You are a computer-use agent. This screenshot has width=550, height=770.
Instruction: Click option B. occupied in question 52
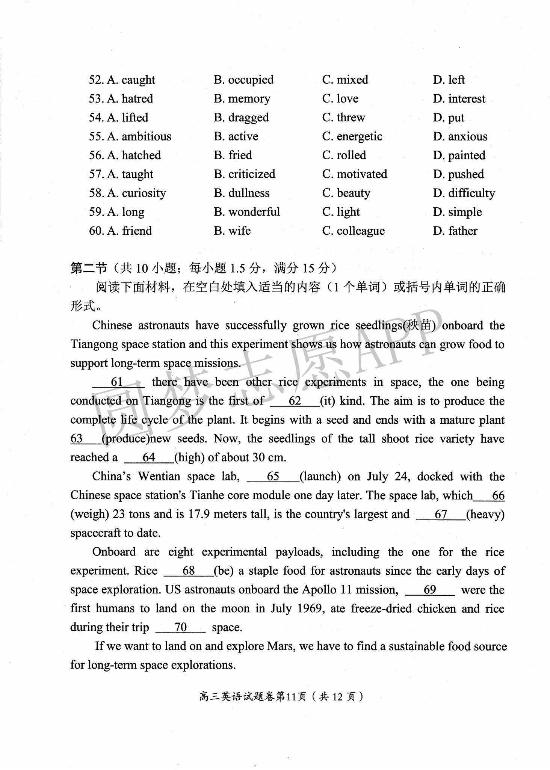click(243, 80)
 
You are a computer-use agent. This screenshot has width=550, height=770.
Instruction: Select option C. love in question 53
click(340, 99)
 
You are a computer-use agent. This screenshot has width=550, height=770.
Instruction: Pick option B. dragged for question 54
click(241, 118)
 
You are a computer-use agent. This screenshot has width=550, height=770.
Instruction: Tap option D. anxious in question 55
click(460, 136)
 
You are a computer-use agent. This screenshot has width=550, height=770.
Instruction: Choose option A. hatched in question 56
click(134, 155)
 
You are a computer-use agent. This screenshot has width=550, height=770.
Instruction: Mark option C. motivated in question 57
click(354, 174)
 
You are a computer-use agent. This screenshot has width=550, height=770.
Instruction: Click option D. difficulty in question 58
click(464, 193)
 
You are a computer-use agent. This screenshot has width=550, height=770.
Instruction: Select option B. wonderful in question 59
click(247, 212)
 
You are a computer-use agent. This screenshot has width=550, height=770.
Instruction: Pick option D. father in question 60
click(455, 231)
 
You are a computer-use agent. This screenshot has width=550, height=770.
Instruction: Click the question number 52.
click(96, 80)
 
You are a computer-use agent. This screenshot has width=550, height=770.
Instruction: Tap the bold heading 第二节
click(89, 268)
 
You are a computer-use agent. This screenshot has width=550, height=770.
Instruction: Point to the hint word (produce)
click(126, 439)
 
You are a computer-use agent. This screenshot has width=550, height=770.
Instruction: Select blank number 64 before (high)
click(149, 457)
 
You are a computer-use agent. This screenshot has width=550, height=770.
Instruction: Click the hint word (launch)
click(320, 476)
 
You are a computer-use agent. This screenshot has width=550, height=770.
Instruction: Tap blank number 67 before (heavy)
click(441, 514)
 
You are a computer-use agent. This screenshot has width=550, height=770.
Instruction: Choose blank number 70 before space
click(180, 627)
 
